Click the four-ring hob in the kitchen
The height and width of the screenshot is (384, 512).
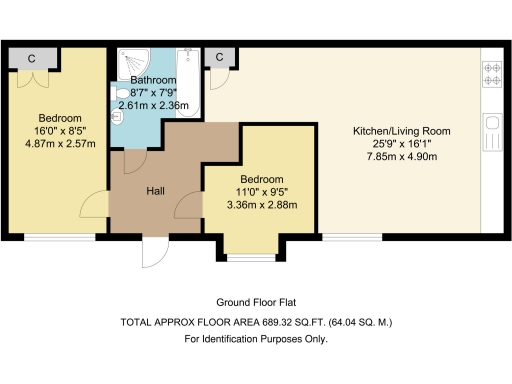pyautogui.click(x=492, y=74)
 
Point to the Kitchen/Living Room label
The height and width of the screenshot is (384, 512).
pyautogui.click(x=402, y=131)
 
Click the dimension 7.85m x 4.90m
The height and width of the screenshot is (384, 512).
pyautogui.click(x=402, y=157)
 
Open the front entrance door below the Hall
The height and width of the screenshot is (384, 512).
pyautogui.click(x=155, y=253)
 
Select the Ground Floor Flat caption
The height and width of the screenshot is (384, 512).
pyautogui.click(x=256, y=303)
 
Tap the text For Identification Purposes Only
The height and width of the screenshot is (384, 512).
pyautogui.click(x=256, y=339)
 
